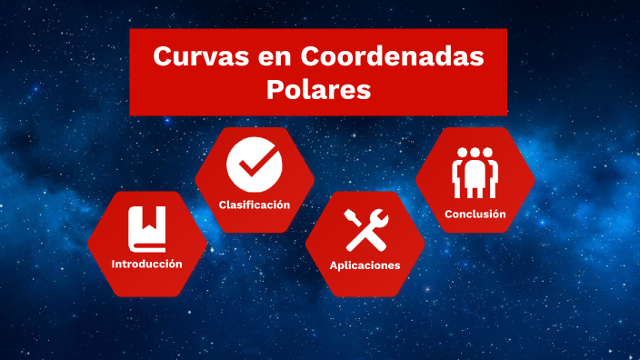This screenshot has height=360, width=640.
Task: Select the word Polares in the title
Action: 318,90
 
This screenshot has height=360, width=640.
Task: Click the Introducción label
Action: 146,264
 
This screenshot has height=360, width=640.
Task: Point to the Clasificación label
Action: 255,205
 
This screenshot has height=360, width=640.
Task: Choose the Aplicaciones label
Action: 365,265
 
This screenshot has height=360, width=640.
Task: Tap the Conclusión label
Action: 475,215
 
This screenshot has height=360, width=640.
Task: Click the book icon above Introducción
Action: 146,228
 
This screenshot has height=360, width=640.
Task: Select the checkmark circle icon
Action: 255,164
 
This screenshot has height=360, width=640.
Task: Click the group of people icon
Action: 475,173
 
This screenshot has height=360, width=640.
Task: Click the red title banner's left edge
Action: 133,72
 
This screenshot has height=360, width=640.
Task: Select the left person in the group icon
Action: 460,173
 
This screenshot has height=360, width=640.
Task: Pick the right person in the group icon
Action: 489,173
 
